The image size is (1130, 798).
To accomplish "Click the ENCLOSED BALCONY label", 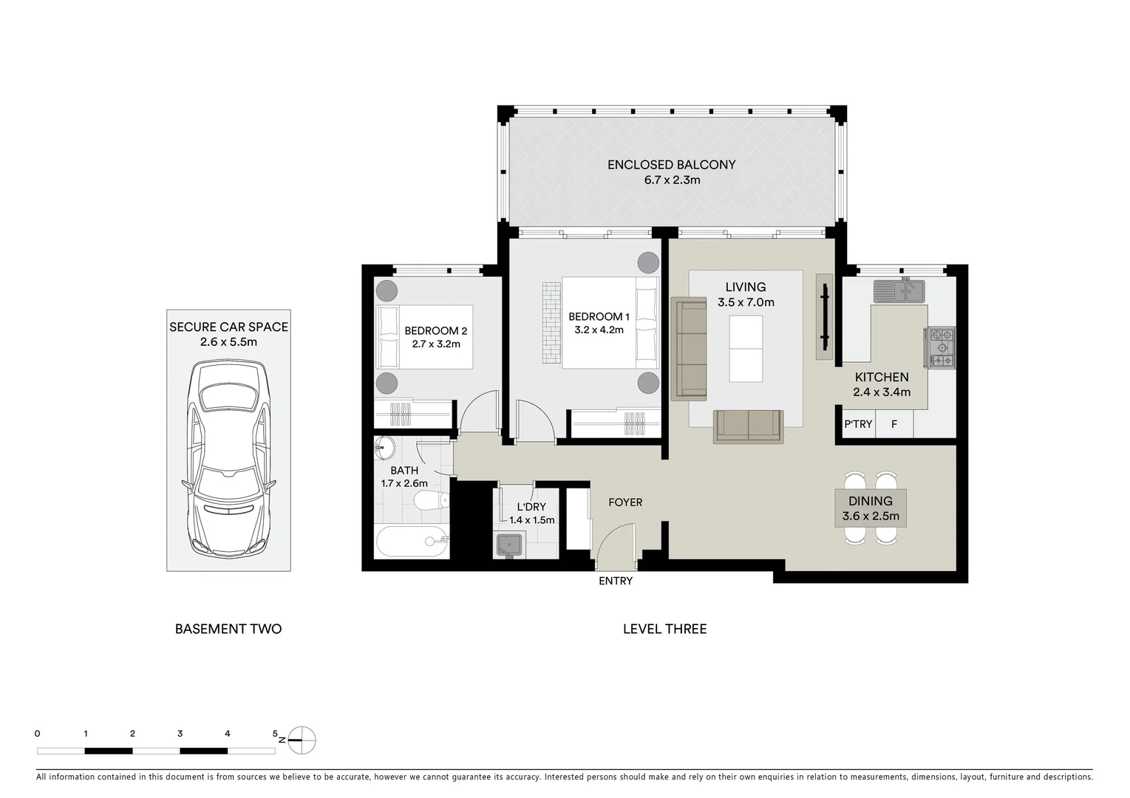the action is pos(672,165).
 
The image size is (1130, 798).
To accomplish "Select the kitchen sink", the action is pos(899,291).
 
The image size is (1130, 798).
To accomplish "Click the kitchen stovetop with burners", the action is pos(940,347).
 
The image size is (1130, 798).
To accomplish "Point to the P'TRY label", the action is pos(858,424).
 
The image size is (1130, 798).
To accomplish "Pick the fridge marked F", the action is pos(894,424).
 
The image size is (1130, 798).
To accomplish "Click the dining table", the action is pos(871,508).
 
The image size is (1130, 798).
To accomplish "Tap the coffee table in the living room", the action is pos(746,349).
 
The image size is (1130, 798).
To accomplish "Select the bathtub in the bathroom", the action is pos(412,542).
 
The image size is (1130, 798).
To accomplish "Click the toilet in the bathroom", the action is pos(432,501).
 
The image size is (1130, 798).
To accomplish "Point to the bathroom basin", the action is pos(386,447).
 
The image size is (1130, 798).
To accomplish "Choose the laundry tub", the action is pos(509,545).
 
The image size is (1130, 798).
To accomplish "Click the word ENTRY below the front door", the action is pos(616,581).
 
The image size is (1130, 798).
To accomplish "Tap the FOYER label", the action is pos(625,502).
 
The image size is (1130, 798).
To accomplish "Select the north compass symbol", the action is pos(302,740).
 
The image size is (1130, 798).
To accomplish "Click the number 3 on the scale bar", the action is pos(180,734).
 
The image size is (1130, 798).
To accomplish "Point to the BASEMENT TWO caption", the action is pos(228,629).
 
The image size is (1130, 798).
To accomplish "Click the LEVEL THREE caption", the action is pos(665,629).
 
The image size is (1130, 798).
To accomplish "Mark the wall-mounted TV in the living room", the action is pos(826,317).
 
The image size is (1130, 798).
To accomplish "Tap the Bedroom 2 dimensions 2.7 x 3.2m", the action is pos(436,344).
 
